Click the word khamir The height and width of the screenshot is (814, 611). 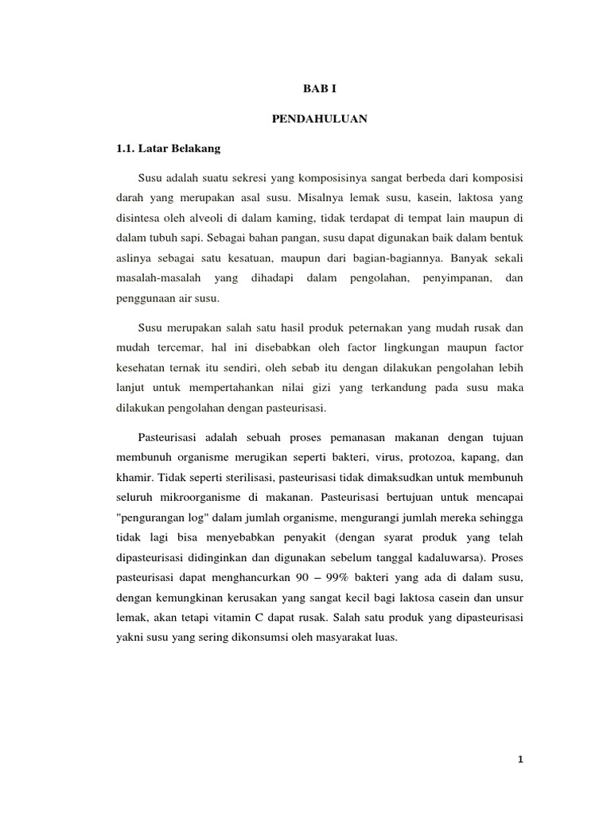click(x=134, y=479)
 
